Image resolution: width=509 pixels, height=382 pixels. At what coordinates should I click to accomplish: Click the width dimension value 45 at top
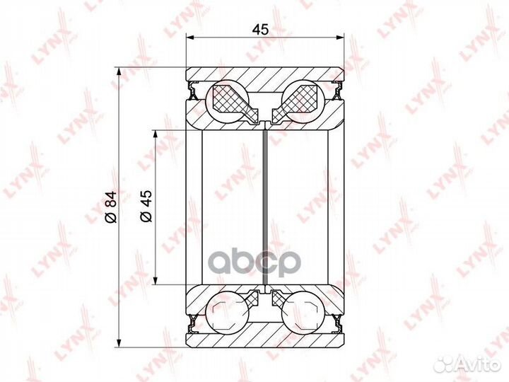(x=261, y=30)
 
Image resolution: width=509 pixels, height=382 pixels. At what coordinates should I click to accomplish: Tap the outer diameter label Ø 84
(x=111, y=207)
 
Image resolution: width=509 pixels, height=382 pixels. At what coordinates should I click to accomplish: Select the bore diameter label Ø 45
(x=146, y=206)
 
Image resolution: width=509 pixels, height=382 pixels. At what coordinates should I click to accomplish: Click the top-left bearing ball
(x=227, y=101)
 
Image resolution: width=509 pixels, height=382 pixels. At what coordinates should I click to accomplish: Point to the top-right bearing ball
(x=303, y=101)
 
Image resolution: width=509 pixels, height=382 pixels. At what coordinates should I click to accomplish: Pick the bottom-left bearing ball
(x=227, y=313)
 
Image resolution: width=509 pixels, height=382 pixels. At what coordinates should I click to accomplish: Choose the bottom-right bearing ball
(x=303, y=313)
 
